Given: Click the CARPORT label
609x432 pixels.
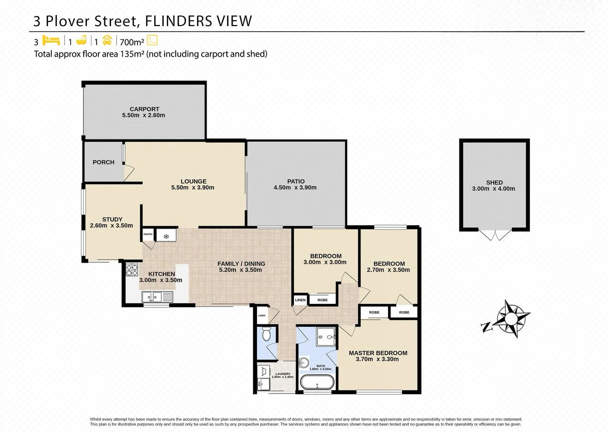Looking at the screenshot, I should pyautogui.click(x=144, y=109).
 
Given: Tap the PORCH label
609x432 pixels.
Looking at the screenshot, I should pyautogui.click(x=103, y=162).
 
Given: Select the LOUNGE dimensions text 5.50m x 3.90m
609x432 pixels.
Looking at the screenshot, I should pyautogui.click(x=192, y=188).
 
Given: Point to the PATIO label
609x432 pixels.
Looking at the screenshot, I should pyautogui.click(x=296, y=181).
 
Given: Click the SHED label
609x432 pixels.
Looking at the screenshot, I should pyautogui.click(x=494, y=182).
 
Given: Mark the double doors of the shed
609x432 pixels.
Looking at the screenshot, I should pyautogui.click(x=495, y=235).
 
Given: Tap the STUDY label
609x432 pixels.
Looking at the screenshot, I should pyautogui.click(x=112, y=219).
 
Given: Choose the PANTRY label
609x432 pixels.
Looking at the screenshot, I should pyautogui.click(x=148, y=234).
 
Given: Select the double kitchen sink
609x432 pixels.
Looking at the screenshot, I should pyautogui.click(x=157, y=297).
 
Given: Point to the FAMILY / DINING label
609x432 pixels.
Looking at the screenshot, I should pyautogui.click(x=241, y=264).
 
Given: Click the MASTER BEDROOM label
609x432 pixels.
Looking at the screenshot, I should pyautogui.click(x=378, y=353).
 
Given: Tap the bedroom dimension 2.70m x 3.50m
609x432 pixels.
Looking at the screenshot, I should pyautogui.click(x=388, y=270).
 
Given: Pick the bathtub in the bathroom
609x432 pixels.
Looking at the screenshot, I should pyautogui.click(x=317, y=382).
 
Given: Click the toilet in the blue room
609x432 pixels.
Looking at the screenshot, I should pyautogui.click(x=267, y=335).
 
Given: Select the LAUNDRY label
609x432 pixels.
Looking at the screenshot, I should pyautogui.click(x=283, y=374).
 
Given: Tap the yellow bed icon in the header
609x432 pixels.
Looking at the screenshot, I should pyautogui.click(x=52, y=41).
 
